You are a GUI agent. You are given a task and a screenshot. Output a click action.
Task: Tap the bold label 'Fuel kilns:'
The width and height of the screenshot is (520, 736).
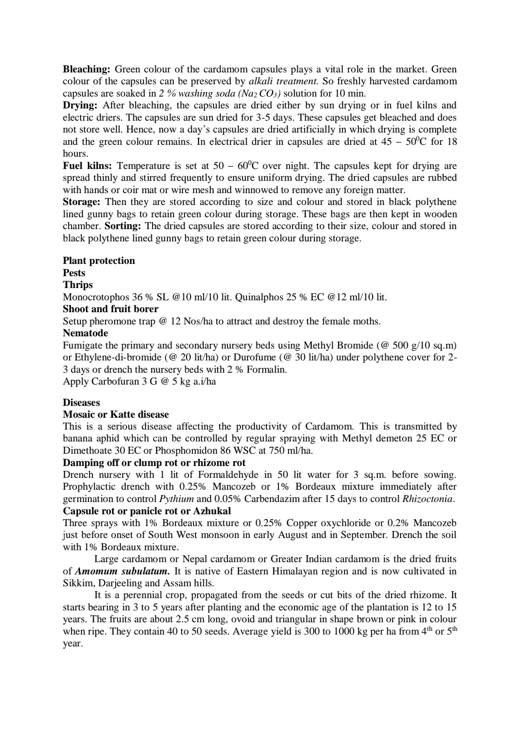pos(87,166)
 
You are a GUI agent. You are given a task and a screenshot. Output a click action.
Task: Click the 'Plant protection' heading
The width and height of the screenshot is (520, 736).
pos(99,261)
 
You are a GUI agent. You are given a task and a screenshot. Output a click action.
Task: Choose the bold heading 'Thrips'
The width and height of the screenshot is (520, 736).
pos(78,285)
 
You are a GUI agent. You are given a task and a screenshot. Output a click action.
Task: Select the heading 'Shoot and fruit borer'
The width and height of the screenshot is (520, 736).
pos(110,309)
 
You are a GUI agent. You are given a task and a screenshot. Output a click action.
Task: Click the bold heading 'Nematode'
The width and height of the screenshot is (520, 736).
pos(86,333)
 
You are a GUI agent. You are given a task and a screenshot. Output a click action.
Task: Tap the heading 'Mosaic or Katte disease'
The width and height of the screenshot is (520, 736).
pos(116,414)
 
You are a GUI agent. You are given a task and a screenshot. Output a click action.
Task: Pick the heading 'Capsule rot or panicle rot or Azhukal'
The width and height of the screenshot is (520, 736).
pos(147,511)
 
